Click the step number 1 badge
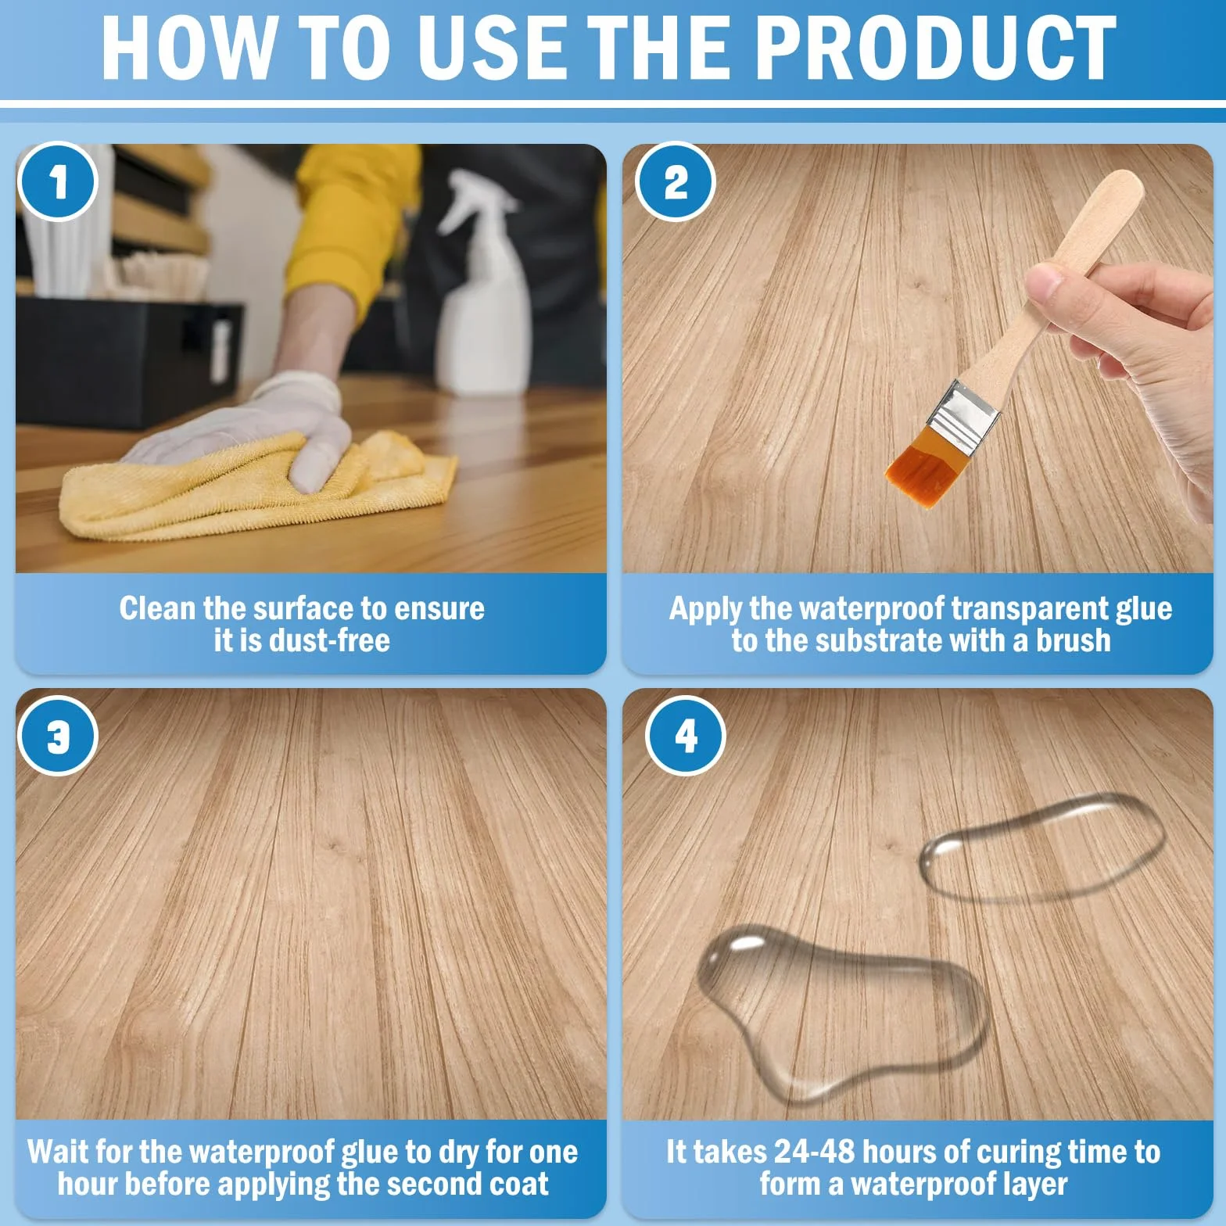tap(57, 183)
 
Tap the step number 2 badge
tap(676, 182)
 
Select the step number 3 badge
tap(58, 735)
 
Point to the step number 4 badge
tap(686, 735)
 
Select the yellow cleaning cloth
tap(258, 486)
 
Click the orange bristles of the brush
tap(927, 469)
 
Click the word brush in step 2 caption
tap(1073, 641)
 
